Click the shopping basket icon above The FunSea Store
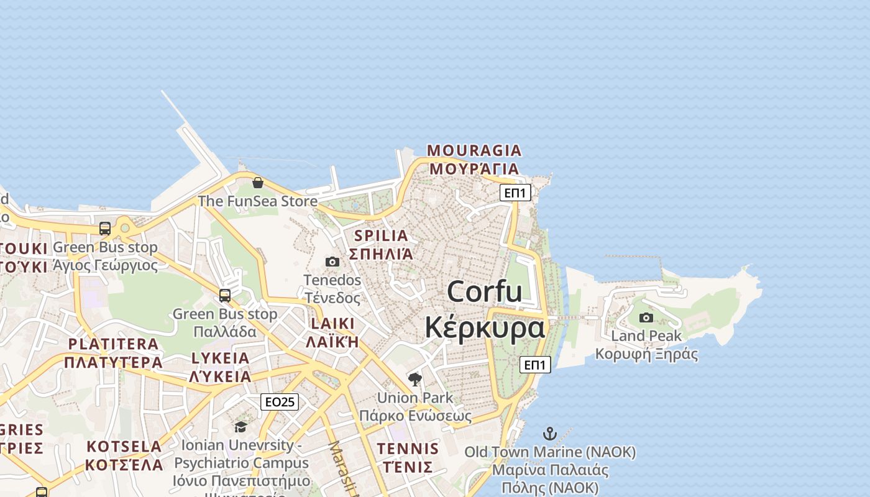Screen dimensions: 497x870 pyautogui.click(x=258, y=183)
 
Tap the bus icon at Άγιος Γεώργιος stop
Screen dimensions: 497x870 pyautogui.click(x=105, y=229)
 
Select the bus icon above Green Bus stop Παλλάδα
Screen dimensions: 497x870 pyautogui.click(x=225, y=296)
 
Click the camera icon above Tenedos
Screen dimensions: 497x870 pyautogui.click(x=332, y=262)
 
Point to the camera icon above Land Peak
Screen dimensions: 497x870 pyautogui.click(x=646, y=317)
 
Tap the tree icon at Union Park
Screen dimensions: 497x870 pyautogui.click(x=415, y=379)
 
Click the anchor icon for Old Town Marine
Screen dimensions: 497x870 pyautogui.click(x=550, y=434)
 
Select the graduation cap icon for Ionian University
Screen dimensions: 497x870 pyautogui.click(x=240, y=427)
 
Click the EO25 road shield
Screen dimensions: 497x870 pyautogui.click(x=280, y=402)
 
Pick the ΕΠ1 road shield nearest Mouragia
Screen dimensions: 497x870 pyautogui.click(x=515, y=193)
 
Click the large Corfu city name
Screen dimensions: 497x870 pyautogui.click(x=485, y=291)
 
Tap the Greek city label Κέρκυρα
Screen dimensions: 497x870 pyautogui.click(x=485, y=327)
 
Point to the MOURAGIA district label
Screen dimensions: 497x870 pyautogui.click(x=474, y=150)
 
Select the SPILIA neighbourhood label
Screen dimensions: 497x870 pyautogui.click(x=381, y=235)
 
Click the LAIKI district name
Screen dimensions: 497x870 pyautogui.click(x=332, y=323)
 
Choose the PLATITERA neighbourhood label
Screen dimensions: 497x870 pyautogui.click(x=113, y=344)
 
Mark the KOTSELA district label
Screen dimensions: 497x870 pyautogui.click(x=124, y=446)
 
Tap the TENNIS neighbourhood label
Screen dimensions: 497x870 pyautogui.click(x=408, y=449)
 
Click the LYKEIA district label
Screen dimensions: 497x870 pyautogui.click(x=220, y=358)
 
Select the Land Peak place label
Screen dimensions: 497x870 pyautogui.click(x=646, y=336)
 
